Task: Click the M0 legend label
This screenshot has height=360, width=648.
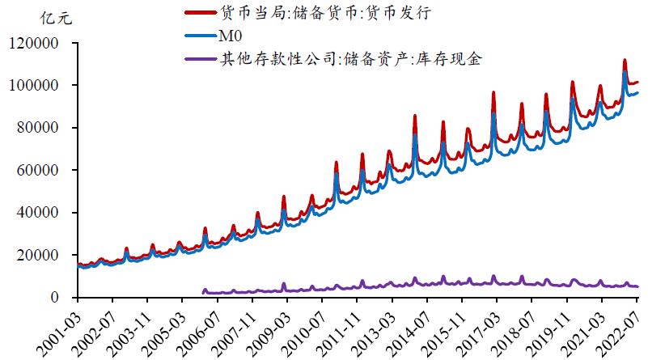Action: [x=231, y=35]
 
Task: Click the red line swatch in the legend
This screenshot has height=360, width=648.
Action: [x=200, y=14]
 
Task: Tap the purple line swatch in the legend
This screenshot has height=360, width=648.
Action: [x=200, y=58]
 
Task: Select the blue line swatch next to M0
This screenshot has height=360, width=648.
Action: [x=200, y=36]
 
